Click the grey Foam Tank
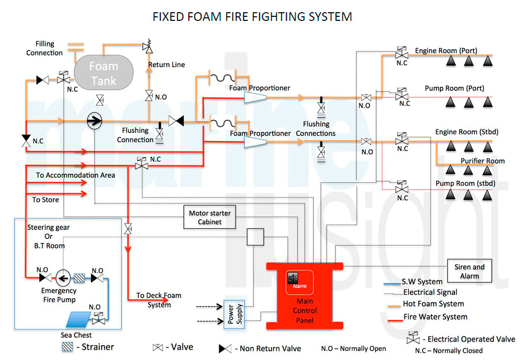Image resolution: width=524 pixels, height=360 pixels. pyautogui.click(x=104, y=73)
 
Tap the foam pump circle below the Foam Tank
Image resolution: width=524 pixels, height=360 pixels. pyautogui.click(x=95, y=121)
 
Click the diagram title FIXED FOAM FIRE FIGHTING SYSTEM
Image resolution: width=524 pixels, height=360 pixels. pyautogui.click(x=252, y=17)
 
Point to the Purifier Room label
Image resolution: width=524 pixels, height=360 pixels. pyautogui.click(x=482, y=161)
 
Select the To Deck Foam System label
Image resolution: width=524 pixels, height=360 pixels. pyautogui.click(x=159, y=300)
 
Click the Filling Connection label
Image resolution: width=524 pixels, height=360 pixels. pyautogui.click(x=45, y=48)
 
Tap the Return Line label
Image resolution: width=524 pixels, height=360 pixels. pyautogui.click(x=166, y=65)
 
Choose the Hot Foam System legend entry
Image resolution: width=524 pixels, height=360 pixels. pyautogui.click(x=433, y=304)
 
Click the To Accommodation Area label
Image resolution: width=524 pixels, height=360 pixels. pyautogui.click(x=75, y=175)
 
